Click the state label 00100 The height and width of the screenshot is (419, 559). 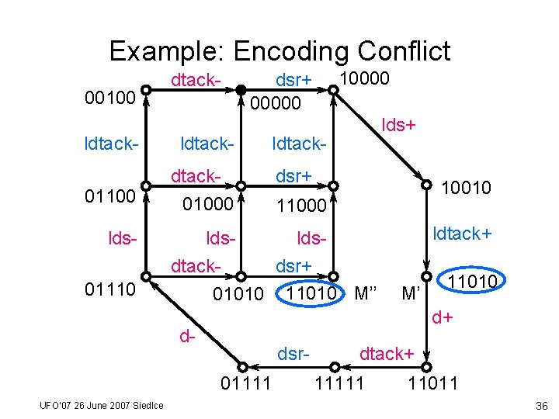pos(112,99)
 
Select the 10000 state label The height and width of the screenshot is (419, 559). pos(365,78)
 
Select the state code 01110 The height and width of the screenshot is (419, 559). pos(112,291)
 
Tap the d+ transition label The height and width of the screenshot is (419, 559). pos(443,317)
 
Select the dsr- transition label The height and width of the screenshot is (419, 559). pos(294,354)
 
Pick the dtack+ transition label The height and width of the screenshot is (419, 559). pos(386,354)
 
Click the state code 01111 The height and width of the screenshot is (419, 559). pos(245,383)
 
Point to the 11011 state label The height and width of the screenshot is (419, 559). pos(433,383)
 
